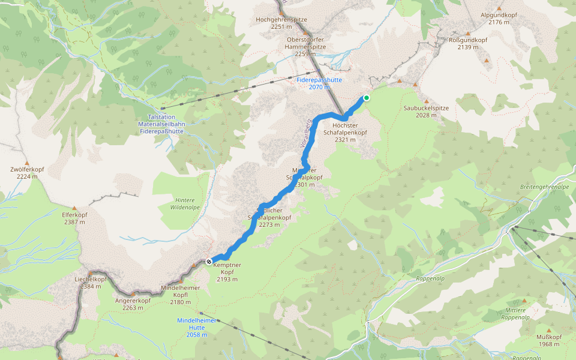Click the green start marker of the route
click(367, 98)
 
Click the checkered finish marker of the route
click(208, 262)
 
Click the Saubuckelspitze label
click(426, 111)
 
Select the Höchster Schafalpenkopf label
click(345, 132)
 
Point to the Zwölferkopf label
click(28, 173)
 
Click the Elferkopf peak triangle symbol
click(74, 209)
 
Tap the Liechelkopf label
click(90, 283)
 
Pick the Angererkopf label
click(133, 304)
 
